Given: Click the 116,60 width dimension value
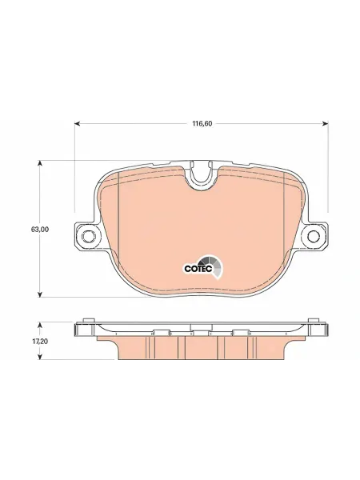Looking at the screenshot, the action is pos(202,124).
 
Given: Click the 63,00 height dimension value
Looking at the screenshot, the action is pos(40,229).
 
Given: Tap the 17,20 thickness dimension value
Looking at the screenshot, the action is pos(40,342).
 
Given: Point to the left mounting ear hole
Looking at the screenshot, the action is pos(89,236).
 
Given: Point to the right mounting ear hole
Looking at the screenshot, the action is pos(314,236).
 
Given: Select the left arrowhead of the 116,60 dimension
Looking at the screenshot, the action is pos(78,123).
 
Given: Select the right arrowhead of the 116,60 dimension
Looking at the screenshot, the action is pos(326,123).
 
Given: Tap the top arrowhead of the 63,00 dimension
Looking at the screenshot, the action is pos(39,163).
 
